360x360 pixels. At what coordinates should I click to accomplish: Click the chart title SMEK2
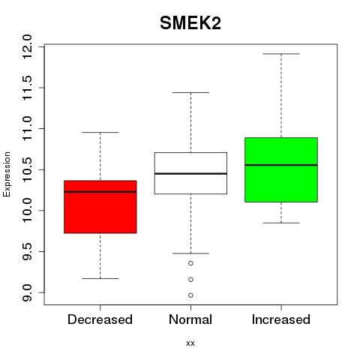190,23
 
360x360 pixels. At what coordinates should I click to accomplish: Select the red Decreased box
100,207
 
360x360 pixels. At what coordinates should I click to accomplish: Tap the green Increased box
281,169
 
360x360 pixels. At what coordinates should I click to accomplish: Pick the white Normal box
190,173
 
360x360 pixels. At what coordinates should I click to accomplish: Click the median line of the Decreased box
100,192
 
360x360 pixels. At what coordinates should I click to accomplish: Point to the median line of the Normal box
190,173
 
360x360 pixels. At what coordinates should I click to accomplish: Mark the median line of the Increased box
281,165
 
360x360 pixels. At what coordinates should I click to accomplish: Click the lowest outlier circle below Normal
190,295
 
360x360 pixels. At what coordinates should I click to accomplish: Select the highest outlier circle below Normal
190,263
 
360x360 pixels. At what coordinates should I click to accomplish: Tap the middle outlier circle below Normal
190,280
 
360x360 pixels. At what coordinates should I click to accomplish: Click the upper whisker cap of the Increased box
281,54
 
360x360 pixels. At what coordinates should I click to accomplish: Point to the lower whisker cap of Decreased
100,278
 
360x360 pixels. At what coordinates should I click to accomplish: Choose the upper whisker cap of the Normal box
190,92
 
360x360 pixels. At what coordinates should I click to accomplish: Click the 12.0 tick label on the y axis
27,46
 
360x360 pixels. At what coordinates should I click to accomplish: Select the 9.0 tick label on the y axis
27,292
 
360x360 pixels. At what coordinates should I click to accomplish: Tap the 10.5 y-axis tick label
27,169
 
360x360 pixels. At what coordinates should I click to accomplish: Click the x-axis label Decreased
100,319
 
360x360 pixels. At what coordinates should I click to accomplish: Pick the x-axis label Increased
281,319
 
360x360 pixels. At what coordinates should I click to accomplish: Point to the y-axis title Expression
7,174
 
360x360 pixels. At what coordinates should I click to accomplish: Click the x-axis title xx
190,343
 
